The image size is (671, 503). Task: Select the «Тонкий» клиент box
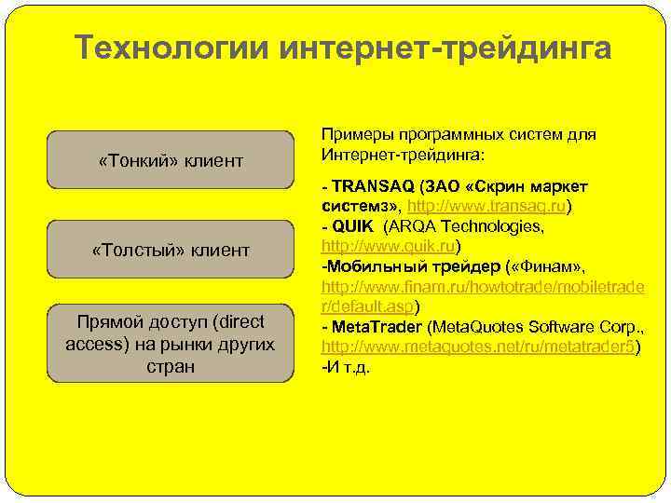(171, 161)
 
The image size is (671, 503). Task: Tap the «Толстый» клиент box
(171, 250)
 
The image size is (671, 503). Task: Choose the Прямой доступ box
(171, 343)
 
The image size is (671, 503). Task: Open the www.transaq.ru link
(487, 206)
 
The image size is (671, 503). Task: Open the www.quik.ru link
(389, 247)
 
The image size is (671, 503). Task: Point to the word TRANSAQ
(368, 185)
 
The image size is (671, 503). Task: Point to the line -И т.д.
(346, 368)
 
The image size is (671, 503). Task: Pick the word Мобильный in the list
(367, 267)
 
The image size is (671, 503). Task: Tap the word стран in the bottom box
(171, 366)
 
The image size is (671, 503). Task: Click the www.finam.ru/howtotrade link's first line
(482, 287)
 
